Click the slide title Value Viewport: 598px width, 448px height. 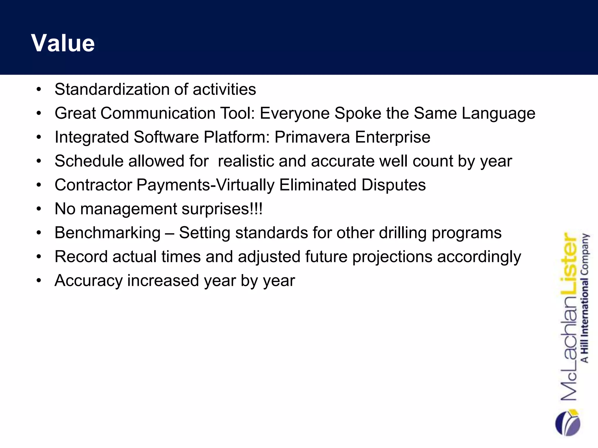[x=63, y=43]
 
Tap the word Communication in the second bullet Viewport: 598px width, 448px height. [x=158, y=113]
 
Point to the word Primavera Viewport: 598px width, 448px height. [x=312, y=137]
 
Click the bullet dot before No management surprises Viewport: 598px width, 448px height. [x=39, y=209]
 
